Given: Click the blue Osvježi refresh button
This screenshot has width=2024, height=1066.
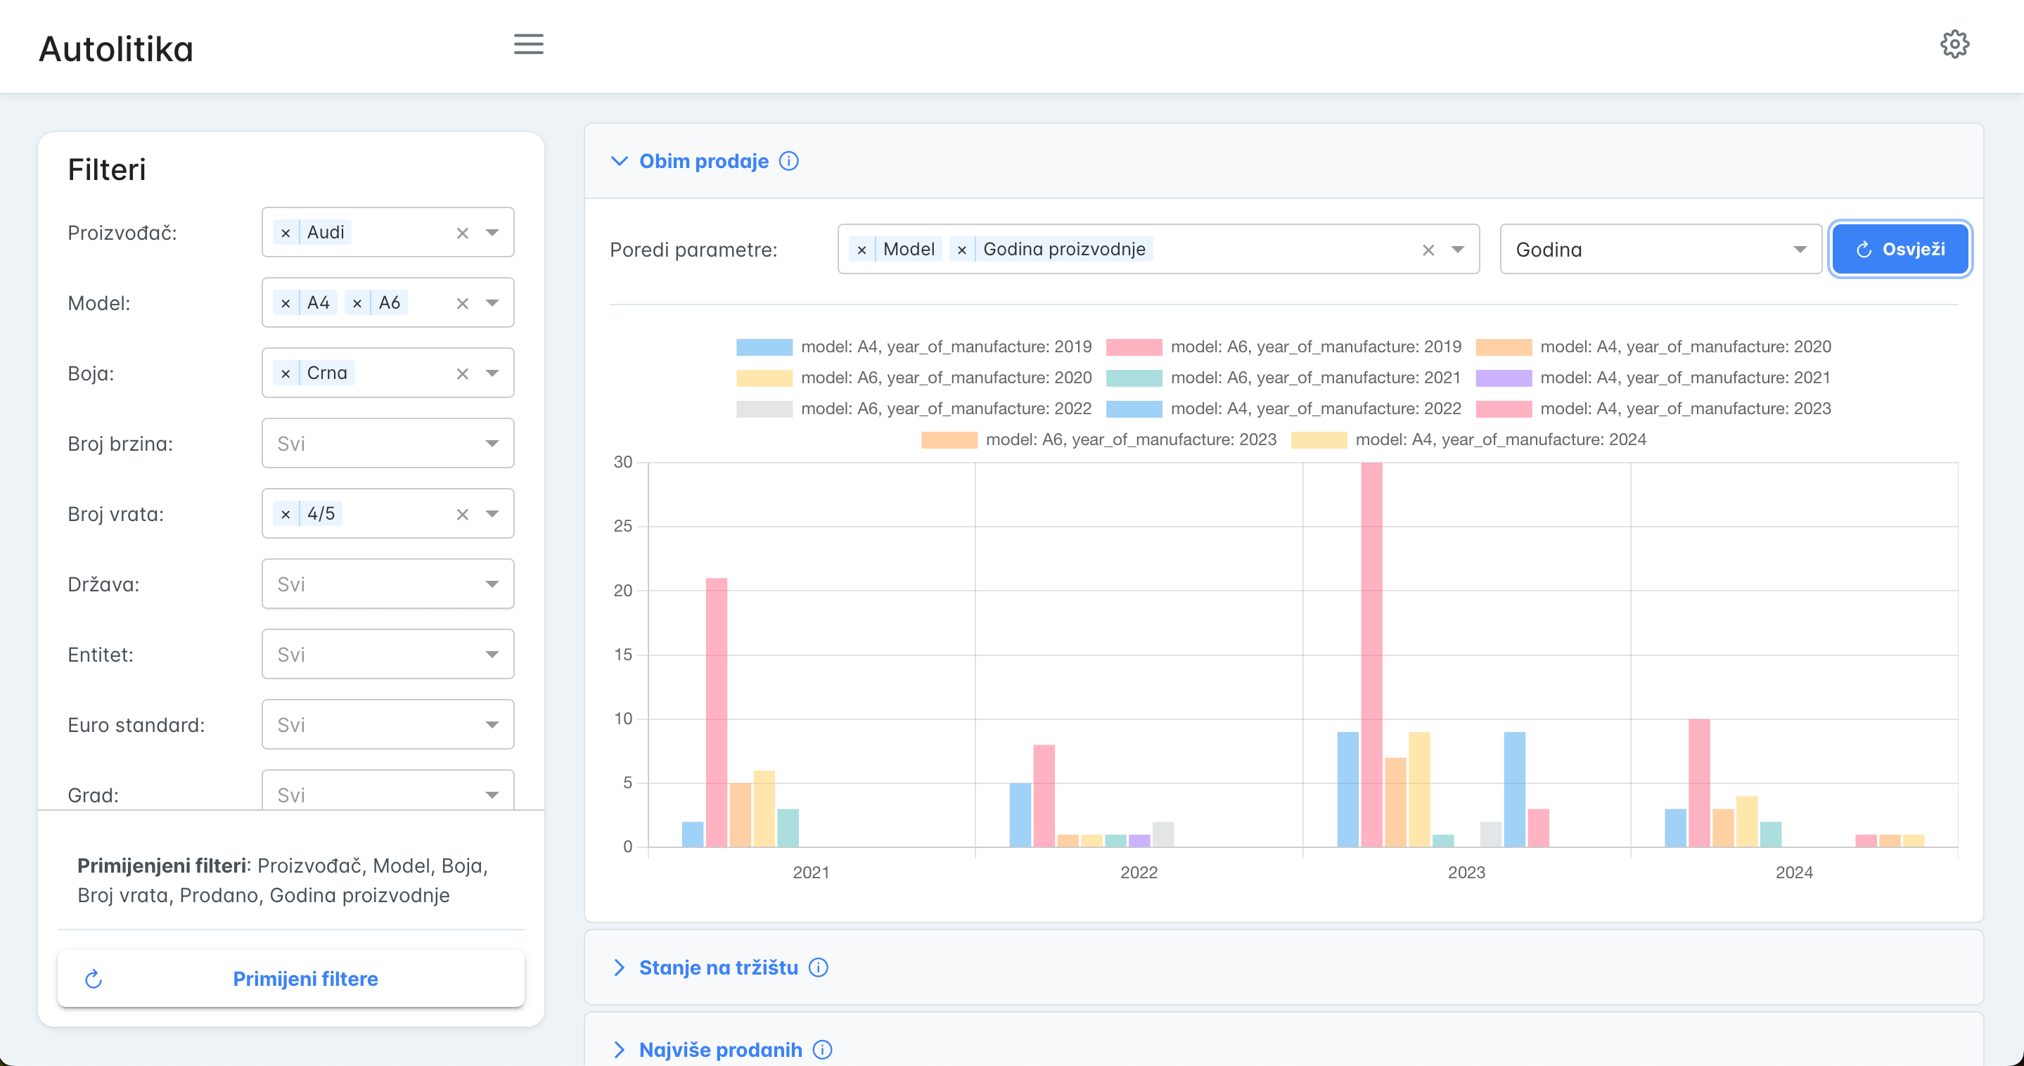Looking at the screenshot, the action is click(x=1899, y=249).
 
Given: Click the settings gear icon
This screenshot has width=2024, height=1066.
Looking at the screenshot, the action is click(x=1954, y=45).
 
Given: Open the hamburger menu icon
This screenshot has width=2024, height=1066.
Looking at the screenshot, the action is click(x=529, y=44).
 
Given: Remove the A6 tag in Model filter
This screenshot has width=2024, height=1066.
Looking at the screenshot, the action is click(x=357, y=303).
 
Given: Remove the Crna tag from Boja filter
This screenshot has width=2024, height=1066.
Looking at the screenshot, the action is click(x=286, y=373).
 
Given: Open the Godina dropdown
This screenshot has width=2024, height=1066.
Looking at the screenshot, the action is click(x=1660, y=249).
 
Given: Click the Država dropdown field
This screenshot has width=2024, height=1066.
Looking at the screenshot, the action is click(x=387, y=584).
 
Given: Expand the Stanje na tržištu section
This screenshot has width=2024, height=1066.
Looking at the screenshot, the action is click(x=718, y=967).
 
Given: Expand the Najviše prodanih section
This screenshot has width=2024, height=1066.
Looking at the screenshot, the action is click(x=721, y=1050).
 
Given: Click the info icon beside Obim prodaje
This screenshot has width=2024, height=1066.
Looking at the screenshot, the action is click(x=789, y=161).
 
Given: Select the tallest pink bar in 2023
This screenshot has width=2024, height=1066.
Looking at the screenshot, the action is click(x=1371, y=655).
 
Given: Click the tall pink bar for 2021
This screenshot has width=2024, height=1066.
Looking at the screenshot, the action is click(x=716, y=712).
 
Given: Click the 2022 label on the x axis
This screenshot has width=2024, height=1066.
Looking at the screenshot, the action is click(x=1139, y=872).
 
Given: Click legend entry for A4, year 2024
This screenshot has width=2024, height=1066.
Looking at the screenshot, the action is click(x=1468, y=439).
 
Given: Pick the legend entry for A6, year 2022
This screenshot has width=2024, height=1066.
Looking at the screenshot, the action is click(x=914, y=409).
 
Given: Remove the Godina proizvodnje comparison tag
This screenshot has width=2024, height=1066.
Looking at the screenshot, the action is click(x=961, y=250).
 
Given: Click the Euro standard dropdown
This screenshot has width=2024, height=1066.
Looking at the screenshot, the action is click(x=387, y=724).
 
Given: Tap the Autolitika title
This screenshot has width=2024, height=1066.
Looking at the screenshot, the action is click(x=115, y=49).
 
